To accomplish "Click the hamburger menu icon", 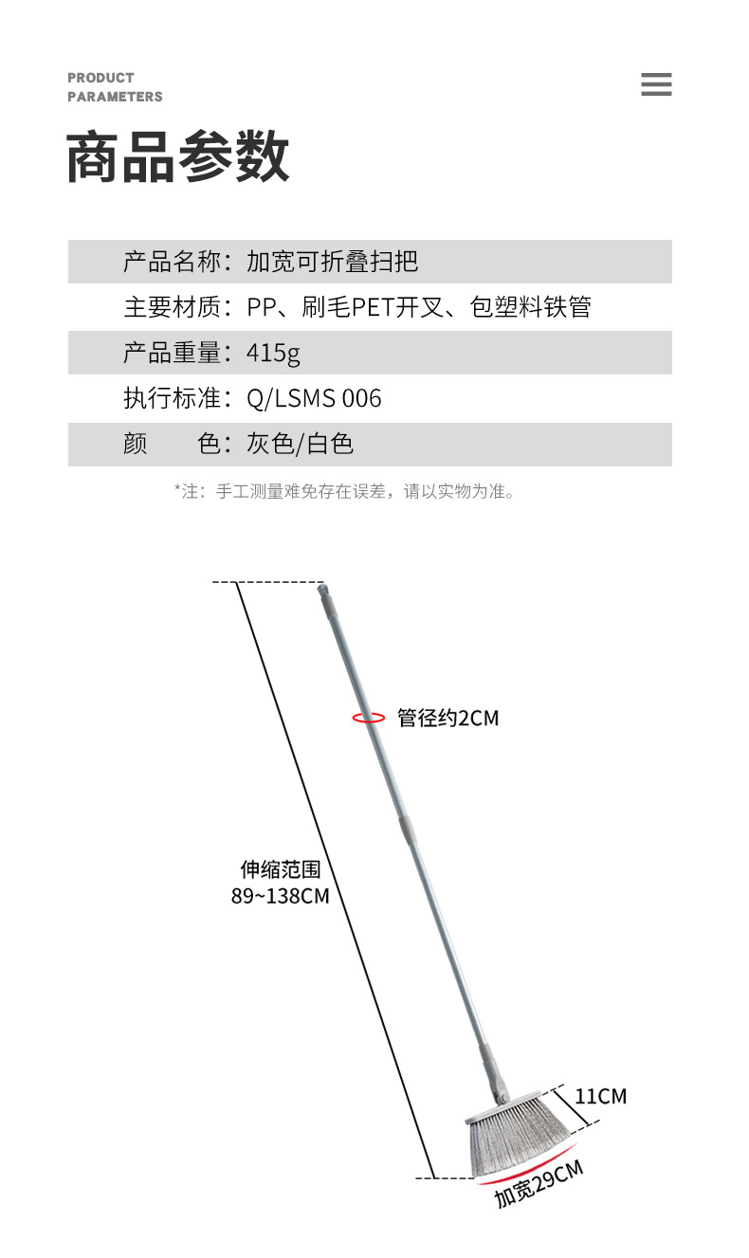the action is (x=656, y=84).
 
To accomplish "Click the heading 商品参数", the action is (x=178, y=157).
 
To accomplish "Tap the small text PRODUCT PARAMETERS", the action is (x=115, y=87).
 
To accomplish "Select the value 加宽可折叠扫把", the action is (x=332, y=262).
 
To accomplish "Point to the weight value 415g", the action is (x=273, y=353).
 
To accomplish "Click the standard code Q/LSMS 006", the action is (x=314, y=398).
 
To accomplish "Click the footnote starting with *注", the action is (x=345, y=491).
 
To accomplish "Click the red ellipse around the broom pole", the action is (x=369, y=718).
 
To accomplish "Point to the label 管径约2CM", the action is (x=448, y=718).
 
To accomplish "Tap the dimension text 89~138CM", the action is (x=281, y=895).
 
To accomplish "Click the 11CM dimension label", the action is (x=600, y=1096).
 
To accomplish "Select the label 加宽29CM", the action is (x=538, y=1184).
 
